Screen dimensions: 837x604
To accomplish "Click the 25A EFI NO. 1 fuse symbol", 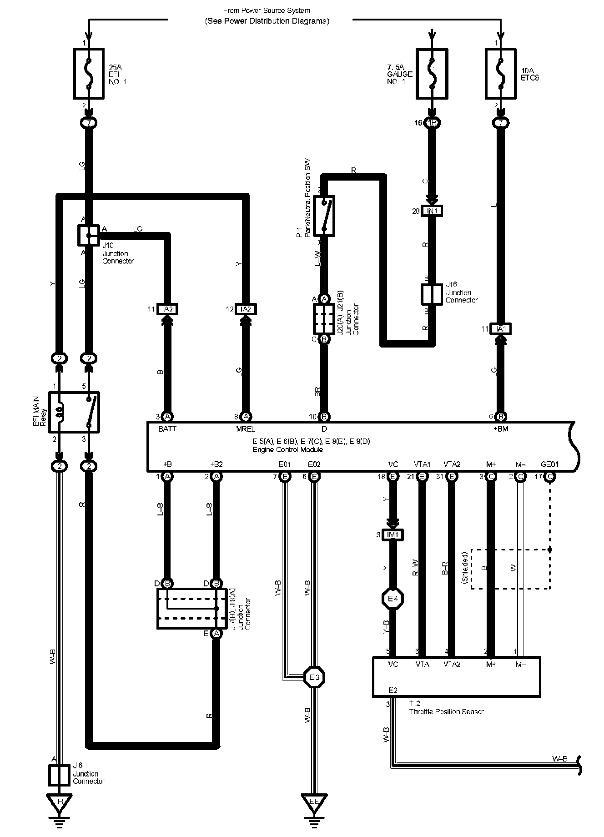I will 89,74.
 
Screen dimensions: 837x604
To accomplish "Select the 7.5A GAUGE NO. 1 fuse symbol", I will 432,74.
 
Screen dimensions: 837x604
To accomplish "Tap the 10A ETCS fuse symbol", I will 501,74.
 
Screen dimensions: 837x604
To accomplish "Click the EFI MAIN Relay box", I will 74,412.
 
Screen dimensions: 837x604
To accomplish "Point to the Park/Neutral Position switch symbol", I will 324,216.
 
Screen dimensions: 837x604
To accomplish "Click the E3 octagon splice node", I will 314,677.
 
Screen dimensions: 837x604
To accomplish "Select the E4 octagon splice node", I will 393,599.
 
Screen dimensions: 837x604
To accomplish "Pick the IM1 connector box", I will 393,535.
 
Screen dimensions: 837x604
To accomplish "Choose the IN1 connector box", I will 432,211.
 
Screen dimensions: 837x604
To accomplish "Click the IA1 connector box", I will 501,329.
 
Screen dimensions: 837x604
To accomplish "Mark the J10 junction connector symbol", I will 89,235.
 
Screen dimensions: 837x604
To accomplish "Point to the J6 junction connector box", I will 59,775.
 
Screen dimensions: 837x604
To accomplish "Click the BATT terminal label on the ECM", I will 167,429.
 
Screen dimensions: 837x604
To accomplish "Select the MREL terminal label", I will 246,429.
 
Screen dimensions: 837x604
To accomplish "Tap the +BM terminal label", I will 501,429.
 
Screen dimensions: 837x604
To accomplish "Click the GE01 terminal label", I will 550,464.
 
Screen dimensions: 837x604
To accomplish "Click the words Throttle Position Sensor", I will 446,711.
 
